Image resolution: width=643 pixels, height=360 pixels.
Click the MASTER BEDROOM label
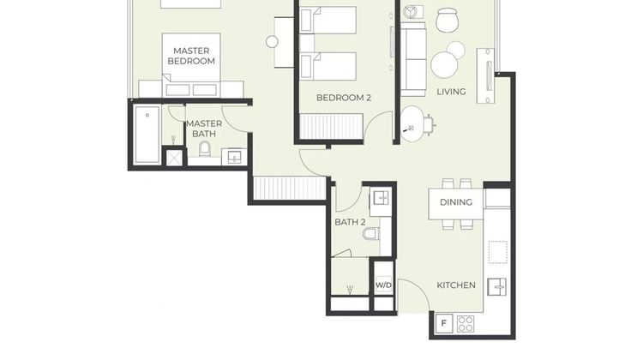(191, 56)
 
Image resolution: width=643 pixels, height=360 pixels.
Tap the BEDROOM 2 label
(344, 98)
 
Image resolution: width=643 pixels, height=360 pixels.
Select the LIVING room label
(451, 92)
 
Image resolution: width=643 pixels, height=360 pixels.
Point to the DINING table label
(455, 202)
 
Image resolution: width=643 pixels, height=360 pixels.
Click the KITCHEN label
(456, 285)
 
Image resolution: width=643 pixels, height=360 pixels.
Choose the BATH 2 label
(350, 222)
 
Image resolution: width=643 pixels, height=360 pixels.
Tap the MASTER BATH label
(204, 129)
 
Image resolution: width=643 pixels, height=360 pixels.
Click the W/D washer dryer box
(384, 285)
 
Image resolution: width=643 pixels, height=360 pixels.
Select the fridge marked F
(444, 323)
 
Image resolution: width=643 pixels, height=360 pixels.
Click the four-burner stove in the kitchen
(466, 323)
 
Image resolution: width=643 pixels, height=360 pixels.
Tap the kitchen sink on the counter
(496, 287)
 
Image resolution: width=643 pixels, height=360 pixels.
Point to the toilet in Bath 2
(370, 234)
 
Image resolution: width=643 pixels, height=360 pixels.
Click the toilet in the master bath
(205, 149)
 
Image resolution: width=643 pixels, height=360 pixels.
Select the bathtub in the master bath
(147, 135)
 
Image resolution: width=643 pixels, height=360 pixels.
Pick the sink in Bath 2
(381, 199)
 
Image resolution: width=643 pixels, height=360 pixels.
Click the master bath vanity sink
(234, 157)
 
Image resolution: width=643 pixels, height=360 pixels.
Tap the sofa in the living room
(413, 59)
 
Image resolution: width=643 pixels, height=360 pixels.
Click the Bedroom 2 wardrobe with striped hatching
(331, 126)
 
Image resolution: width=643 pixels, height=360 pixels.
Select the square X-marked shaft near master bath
(174, 158)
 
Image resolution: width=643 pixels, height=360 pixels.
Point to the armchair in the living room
(447, 20)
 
